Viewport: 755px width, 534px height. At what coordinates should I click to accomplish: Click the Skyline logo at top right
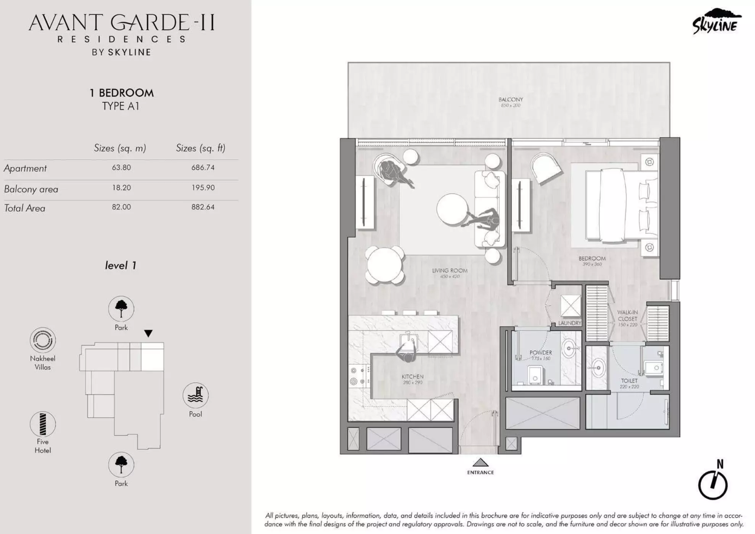pos(716,22)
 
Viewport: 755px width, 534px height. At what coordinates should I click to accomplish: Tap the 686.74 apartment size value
pos(203,167)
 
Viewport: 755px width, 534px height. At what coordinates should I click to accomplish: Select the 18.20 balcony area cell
pos(121,188)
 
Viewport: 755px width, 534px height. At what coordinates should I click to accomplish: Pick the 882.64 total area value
pos(203,207)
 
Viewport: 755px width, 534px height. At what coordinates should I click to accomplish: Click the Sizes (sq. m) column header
pos(120,148)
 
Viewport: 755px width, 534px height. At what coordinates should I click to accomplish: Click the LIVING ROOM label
pos(450,271)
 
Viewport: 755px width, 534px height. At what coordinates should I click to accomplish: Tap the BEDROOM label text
pos(592,259)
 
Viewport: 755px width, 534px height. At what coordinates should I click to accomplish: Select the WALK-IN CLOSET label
pos(627,316)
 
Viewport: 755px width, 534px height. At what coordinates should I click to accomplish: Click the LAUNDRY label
pos(569,323)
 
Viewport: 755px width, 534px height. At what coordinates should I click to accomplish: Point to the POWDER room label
pos(541,353)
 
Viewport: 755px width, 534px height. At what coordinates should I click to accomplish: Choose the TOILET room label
pos(629,381)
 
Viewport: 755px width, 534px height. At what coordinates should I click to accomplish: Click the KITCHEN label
pos(413,376)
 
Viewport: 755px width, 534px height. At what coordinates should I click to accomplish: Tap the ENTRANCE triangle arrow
pos(480,463)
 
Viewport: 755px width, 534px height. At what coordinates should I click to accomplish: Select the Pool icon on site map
pos(195,396)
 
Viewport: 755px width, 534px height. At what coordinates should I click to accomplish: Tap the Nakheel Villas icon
pos(43,340)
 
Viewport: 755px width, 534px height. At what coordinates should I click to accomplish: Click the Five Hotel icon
pos(43,424)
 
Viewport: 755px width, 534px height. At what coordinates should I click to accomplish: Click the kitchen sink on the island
pos(409,341)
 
